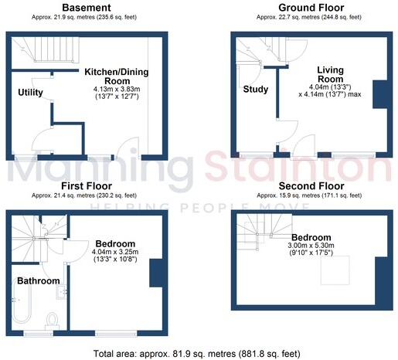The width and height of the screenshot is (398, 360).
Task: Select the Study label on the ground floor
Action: coord(256,89)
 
